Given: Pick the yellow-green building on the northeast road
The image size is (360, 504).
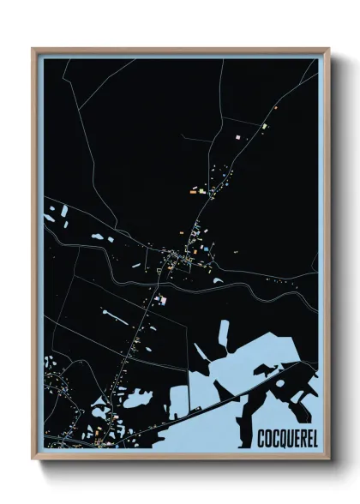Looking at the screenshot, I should click(x=265, y=126).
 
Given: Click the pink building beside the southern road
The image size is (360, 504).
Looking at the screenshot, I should click(x=159, y=299).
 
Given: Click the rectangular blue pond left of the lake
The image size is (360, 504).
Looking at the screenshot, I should click(x=179, y=401).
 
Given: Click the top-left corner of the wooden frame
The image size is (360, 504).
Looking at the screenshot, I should click(x=33, y=49).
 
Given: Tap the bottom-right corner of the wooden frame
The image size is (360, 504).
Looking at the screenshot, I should click(x=327, y=459).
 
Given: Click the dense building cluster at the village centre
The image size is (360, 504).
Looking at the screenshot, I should click(x=180, y=255).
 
